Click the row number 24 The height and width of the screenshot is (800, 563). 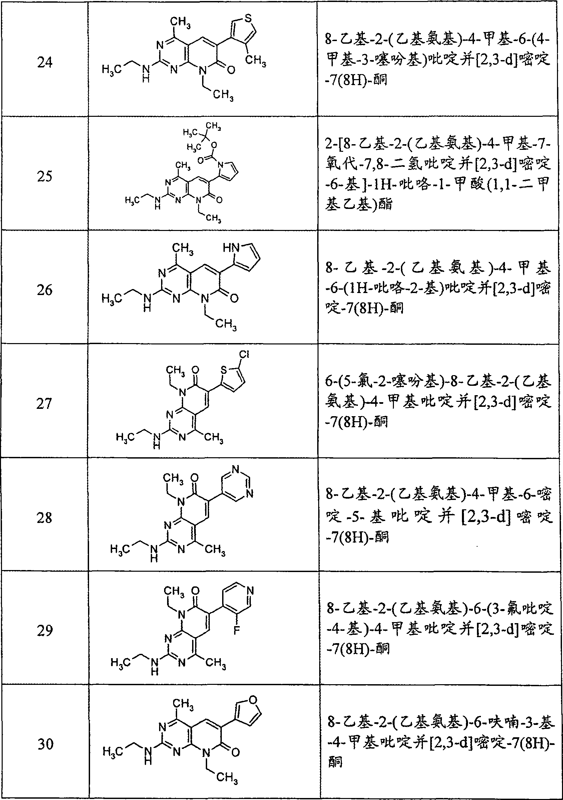click(45, 62)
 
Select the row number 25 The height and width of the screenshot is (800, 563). click(45, 176)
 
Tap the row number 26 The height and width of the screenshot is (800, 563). click(45, 290)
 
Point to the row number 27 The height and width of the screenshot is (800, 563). click(44, 404)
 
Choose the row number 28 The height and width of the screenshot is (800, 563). click(45, 518)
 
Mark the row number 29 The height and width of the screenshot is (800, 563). click(45, 631)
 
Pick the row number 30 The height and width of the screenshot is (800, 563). click(45, 745)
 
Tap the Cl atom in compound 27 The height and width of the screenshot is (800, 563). click(244, 354)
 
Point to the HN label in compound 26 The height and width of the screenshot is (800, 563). click(231, 248)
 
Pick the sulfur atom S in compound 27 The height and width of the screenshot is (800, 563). click(223, 369)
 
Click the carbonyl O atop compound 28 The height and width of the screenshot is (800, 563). click(195, 477)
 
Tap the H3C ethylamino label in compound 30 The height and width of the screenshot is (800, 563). click(112, 752)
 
